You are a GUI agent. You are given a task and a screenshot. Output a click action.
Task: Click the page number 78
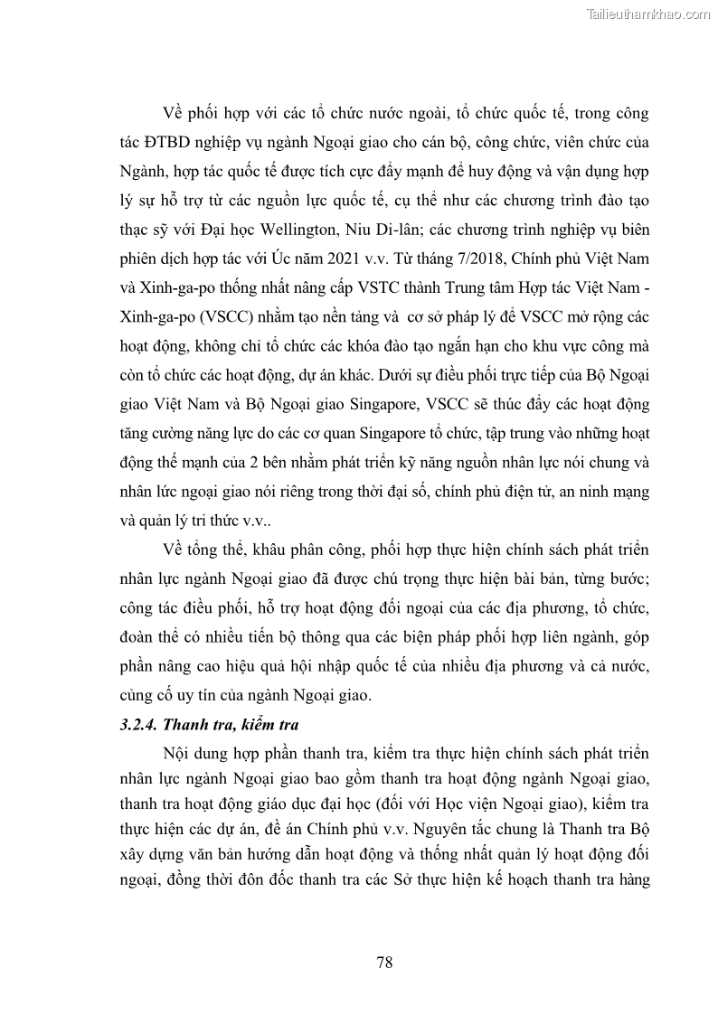(384, 962)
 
